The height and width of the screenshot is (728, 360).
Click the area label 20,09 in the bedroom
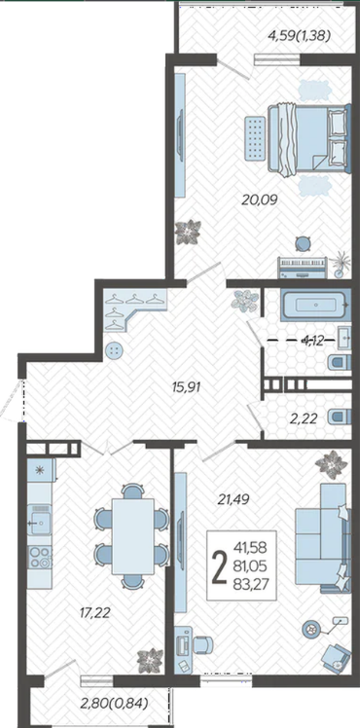click(x=260, y=200)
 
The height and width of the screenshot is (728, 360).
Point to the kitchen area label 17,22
click(x=94, y=613)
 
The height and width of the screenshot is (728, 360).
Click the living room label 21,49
click(x=234, y=499)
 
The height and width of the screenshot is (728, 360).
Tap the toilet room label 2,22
click(x=304, y=419)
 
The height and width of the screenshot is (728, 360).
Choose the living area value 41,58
click(x=251, y=548)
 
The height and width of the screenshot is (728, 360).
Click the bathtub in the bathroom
click(x=314, y=305)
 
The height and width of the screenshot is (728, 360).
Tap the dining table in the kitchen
click(x=133, y=536)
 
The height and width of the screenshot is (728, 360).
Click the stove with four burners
click(x=40, y=558)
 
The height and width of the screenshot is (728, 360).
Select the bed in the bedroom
click(x=307, y=139)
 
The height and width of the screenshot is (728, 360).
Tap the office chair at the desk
click(x=202, y=644)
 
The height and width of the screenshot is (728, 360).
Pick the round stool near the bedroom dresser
click(x=304, y=243)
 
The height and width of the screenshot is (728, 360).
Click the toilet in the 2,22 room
click(x=338, y=418)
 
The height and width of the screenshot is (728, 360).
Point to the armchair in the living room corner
click(x=336, y=659)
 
